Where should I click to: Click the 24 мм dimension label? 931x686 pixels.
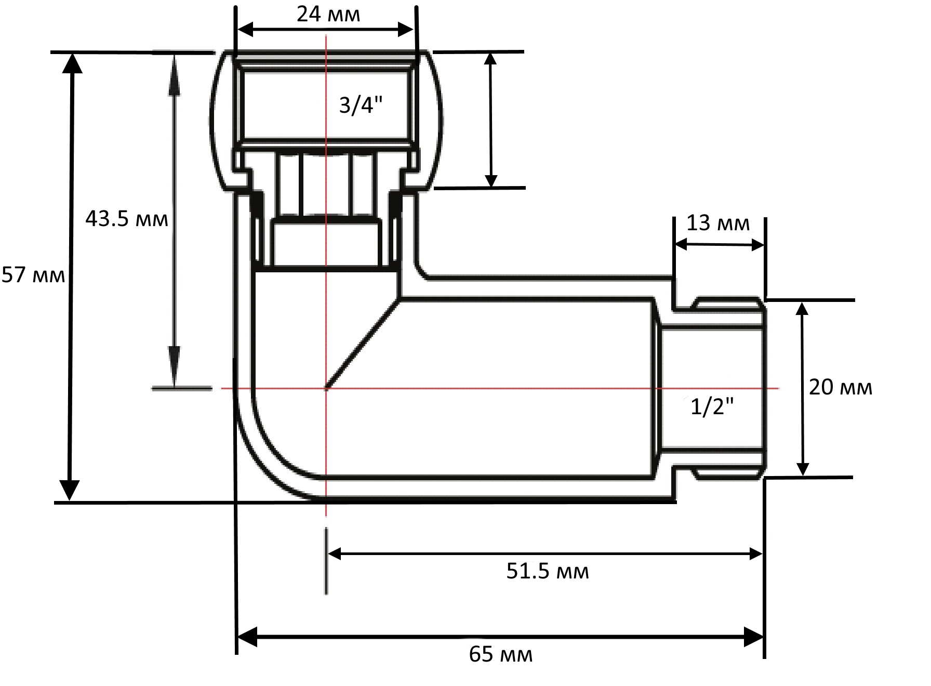point(328,14)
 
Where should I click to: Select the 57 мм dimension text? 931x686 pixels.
point(33,275)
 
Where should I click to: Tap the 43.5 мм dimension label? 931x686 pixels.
point(127,219)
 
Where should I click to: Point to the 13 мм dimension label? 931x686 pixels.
point(718,223)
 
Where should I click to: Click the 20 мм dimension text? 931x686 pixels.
point(841,387)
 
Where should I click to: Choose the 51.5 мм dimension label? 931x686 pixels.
point(548,571)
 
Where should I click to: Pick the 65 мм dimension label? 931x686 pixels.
point(501,654)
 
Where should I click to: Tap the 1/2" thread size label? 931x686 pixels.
point(712,406)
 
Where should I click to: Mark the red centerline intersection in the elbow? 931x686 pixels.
point(326,388)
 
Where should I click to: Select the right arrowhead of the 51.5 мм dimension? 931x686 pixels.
point(755,554)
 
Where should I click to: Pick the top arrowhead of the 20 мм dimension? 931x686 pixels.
point(802,309)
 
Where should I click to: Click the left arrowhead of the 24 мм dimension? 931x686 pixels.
point(245,30)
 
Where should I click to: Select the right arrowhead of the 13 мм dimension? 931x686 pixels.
point(757,245)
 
